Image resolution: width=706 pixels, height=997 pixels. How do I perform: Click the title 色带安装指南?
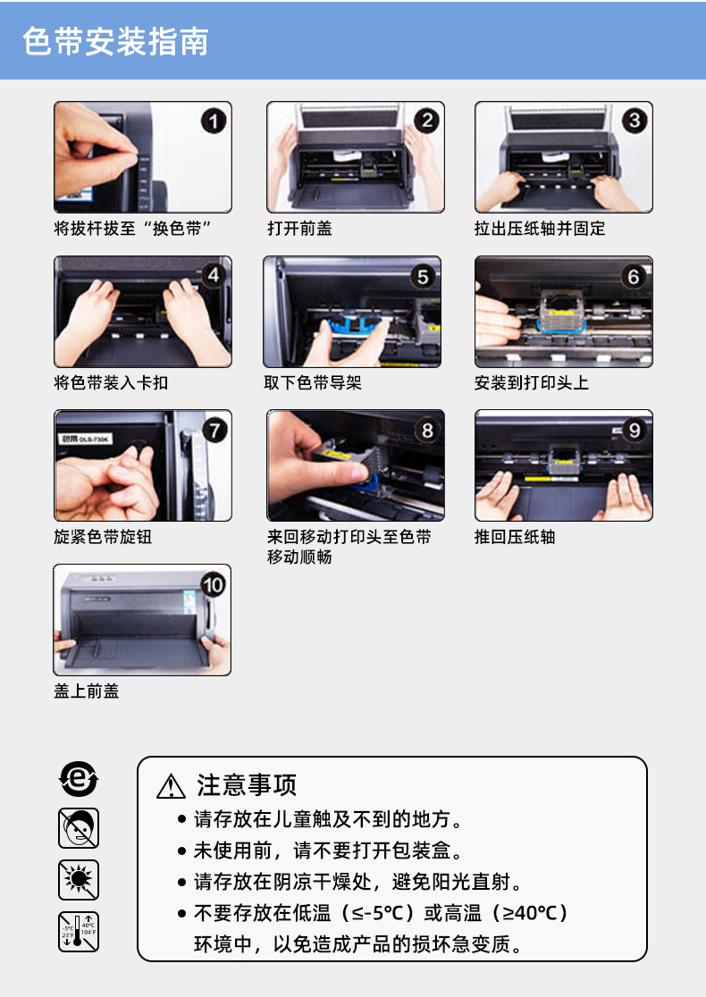pos(116,42)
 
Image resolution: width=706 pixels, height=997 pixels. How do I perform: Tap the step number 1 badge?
pos(214,121)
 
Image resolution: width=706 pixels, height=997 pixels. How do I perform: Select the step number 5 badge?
pos(423,276)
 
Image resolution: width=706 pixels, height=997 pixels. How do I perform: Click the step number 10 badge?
pos(213,584)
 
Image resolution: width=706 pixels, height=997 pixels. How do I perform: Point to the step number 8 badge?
pos(427,431)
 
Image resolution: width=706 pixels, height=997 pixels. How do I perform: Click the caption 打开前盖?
pos(299,229)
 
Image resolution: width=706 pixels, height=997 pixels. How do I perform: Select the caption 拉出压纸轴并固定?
pos(540,229)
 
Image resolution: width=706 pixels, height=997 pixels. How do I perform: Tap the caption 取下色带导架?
pos(313,382)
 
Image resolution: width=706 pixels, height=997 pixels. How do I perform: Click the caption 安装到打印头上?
pos(532,382)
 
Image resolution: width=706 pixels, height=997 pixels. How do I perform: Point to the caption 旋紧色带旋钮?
pos(103,537)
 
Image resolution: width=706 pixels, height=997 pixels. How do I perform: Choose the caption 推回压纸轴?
pos(515,537)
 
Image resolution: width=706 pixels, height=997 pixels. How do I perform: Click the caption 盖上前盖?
pos(87,691)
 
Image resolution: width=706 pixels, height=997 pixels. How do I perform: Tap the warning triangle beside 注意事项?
pos(171,786)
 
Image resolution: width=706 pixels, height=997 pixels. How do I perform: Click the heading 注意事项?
pos(247,785)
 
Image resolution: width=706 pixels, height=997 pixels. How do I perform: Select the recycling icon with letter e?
pos(79,778)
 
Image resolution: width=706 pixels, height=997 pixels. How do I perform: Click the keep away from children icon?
pos(79,828)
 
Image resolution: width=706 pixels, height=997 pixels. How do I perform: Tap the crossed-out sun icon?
pos(79,880)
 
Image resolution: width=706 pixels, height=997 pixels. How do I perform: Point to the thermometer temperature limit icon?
pos(79,932)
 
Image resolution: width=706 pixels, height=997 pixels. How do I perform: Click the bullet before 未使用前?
pos(182,850)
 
